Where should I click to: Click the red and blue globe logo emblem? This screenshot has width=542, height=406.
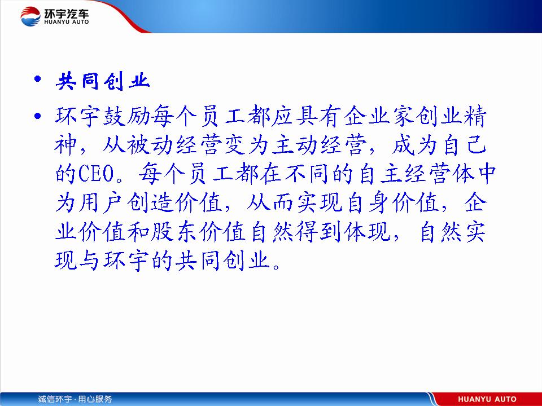pos(30,16)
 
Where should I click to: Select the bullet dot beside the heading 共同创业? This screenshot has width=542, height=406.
pos(38,80)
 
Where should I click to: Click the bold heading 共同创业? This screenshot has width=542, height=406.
pos(103,81)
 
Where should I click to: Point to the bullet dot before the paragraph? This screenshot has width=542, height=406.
pos(38,115)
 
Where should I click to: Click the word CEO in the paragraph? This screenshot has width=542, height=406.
pos(97,173)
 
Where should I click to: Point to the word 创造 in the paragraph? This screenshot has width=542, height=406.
pos(150,202)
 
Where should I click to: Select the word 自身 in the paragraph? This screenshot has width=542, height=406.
pos(367,202)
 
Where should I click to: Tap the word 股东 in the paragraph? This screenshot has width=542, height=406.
pos(174,231)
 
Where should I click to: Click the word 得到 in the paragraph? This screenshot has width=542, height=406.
pos(318,231)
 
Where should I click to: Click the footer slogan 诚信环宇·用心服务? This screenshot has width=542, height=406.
pos(75,399)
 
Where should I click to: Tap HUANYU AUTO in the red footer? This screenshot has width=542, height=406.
pos(487,399)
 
